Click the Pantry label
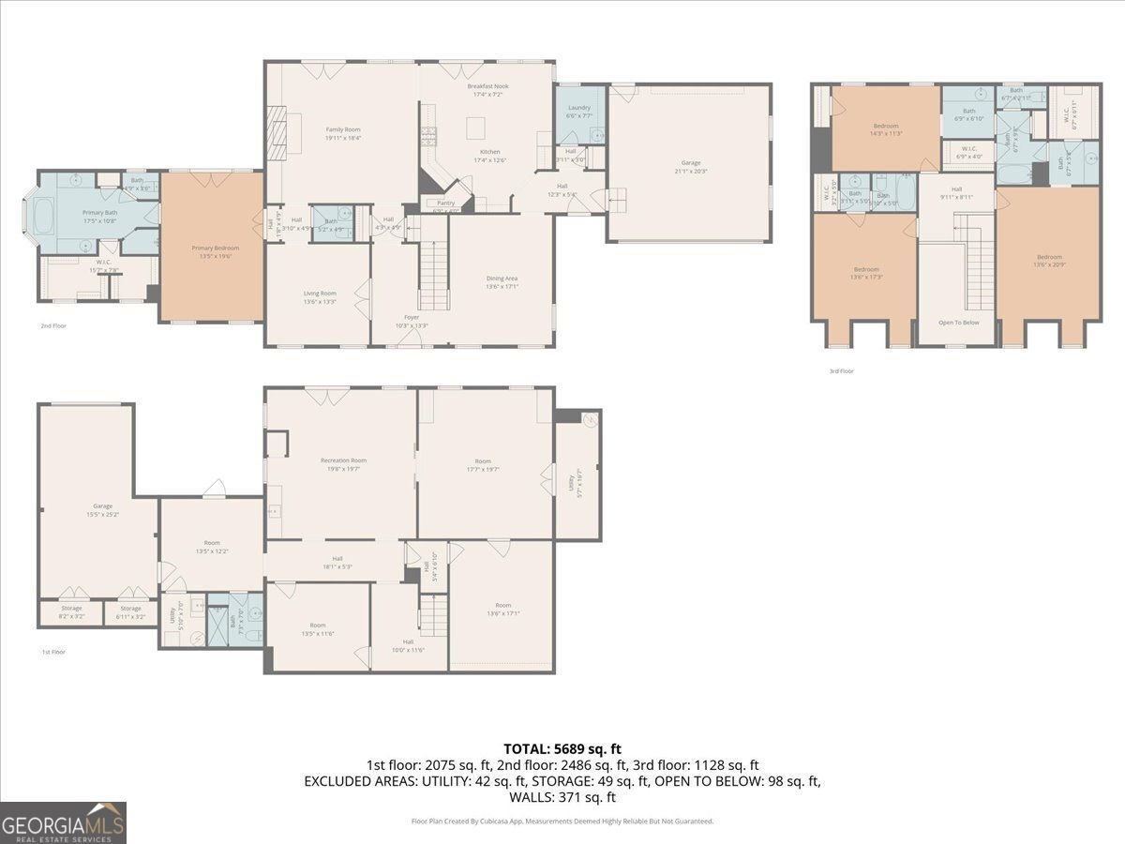[x=446, y=203]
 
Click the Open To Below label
[x=958, y=322]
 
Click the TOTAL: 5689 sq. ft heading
[x=562, y=748]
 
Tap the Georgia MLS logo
[x=63, y=822]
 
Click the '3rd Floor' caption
[x=841, y=371]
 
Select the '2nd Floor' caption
[x=53, y=326]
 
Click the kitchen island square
[x=476, y=127]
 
